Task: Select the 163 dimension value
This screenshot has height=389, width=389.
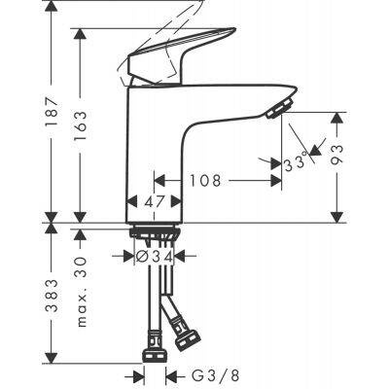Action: click(81, 126)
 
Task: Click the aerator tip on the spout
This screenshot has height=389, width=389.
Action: click(281, 104)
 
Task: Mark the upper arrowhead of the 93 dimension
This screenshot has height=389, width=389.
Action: click(338, 117)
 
